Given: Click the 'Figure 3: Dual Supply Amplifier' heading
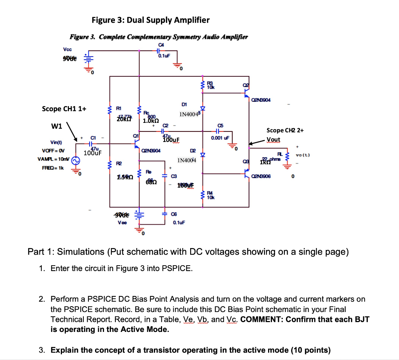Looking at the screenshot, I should click(x=150, y=20).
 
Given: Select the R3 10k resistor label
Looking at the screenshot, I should click(x=210, y=85).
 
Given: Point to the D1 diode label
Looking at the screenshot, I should click(x=184, y=105).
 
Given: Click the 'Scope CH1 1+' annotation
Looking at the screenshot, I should click(x=64, y=109).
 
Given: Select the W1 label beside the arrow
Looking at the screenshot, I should click(x=57, y=126).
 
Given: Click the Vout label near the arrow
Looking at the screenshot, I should click(x=274, y=139).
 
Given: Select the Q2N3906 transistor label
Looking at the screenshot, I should click(x=265, y=176).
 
